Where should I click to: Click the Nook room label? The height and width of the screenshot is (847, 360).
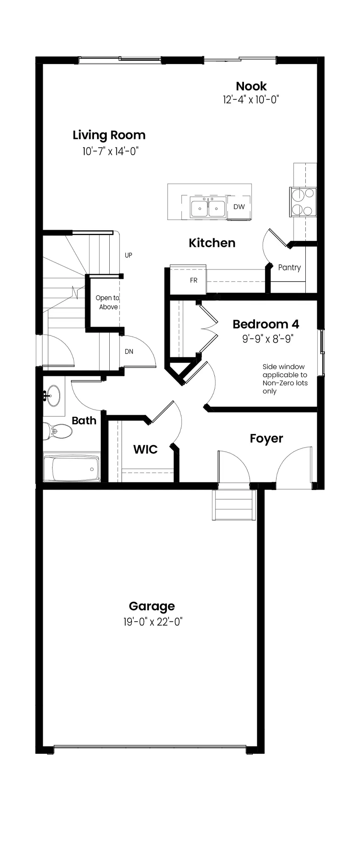pyautogui.click(x=251, y=86)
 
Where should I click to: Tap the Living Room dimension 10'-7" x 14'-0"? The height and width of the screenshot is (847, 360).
pyautogui.click(x=111, y=151)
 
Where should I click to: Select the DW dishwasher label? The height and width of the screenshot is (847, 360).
pyautogui.click(x=239, y=207)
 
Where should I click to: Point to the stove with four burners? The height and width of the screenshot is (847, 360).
pyautogui.click(x=303, y=202)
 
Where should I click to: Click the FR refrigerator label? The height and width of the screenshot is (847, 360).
pyautogui.click(x=194, y=280)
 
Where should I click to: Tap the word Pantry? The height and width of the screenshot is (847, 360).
pyautogui.click(x=289, y=268)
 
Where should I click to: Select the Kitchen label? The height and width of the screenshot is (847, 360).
pyautogui.click(x=212, y=243)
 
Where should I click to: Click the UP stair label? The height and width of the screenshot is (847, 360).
pyautogui.click(x=128, y=255)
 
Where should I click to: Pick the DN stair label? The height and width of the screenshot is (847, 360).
pyautogui.click(x=129, y=352)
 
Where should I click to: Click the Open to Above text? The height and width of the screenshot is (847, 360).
pyautogui.click(x=108, y=302)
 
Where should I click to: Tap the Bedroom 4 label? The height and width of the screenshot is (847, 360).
pyautogui.click(x=266, y=324)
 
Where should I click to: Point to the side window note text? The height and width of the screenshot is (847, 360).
pyautogui.click(x=285, y=379)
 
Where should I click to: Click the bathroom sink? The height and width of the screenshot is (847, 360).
pyautogui.click(x=53, y=396)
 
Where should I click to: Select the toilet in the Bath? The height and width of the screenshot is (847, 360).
pyautogui.click(x=57, y=432)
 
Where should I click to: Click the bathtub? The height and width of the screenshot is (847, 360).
pyautogui.click(x=72, y=469)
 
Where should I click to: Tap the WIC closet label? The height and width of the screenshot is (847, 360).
pyautogui.click(x=145, y=449)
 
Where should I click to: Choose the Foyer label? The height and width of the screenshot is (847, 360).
pyautogui.click(x=266, y=439)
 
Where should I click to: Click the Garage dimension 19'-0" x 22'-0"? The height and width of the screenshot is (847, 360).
pyautogui.click(x=153, y=622)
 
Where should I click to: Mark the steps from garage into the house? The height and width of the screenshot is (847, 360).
pyautogui.click(x=235, y=505)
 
